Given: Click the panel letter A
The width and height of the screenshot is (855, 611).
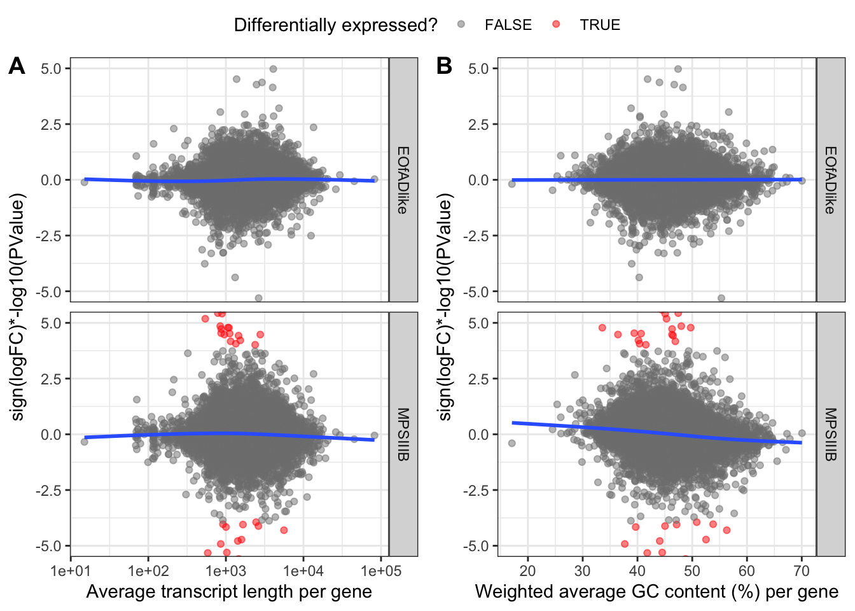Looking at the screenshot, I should [x=17, y=66].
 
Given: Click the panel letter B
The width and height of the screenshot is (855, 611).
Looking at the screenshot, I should [x=444, y=66].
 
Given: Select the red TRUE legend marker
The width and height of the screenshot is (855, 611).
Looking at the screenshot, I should [x=556, y=25].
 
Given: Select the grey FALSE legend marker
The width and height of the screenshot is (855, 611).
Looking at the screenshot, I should [x=461, y=25].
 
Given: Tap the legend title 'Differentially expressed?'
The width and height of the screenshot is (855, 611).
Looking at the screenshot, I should [x=335, y=25].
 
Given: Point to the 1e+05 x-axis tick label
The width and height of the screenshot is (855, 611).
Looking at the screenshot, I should [x=381, y=571].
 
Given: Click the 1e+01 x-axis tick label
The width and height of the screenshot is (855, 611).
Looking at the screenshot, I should [x=71, y=571].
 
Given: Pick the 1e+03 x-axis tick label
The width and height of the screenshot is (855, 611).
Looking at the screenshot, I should [x=226, y=571].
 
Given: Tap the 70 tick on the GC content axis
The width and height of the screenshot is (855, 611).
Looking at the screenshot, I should [x=802, y=571].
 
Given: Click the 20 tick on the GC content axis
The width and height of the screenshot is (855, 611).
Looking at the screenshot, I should [x=527, y=571].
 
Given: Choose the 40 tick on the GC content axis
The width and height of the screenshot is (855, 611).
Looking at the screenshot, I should [x=637, y=571].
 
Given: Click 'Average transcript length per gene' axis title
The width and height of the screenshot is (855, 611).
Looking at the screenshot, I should [x=229, y=592].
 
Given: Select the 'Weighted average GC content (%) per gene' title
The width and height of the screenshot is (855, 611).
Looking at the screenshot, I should [x=657, y=592].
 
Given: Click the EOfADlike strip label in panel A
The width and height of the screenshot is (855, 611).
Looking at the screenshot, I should [x=403, y=180].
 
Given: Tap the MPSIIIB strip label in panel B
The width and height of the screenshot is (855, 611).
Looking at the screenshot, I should [x=831, y=435].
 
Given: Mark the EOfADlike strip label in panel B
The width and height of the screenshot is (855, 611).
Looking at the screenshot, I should [x=831, y=180].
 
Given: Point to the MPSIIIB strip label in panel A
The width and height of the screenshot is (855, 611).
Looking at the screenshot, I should [x=403, y=435].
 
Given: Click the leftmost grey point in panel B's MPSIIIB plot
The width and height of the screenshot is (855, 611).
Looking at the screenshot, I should [x=511, y=443].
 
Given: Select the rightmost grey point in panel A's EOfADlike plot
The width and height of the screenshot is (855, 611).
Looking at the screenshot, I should [x=374, y=179].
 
